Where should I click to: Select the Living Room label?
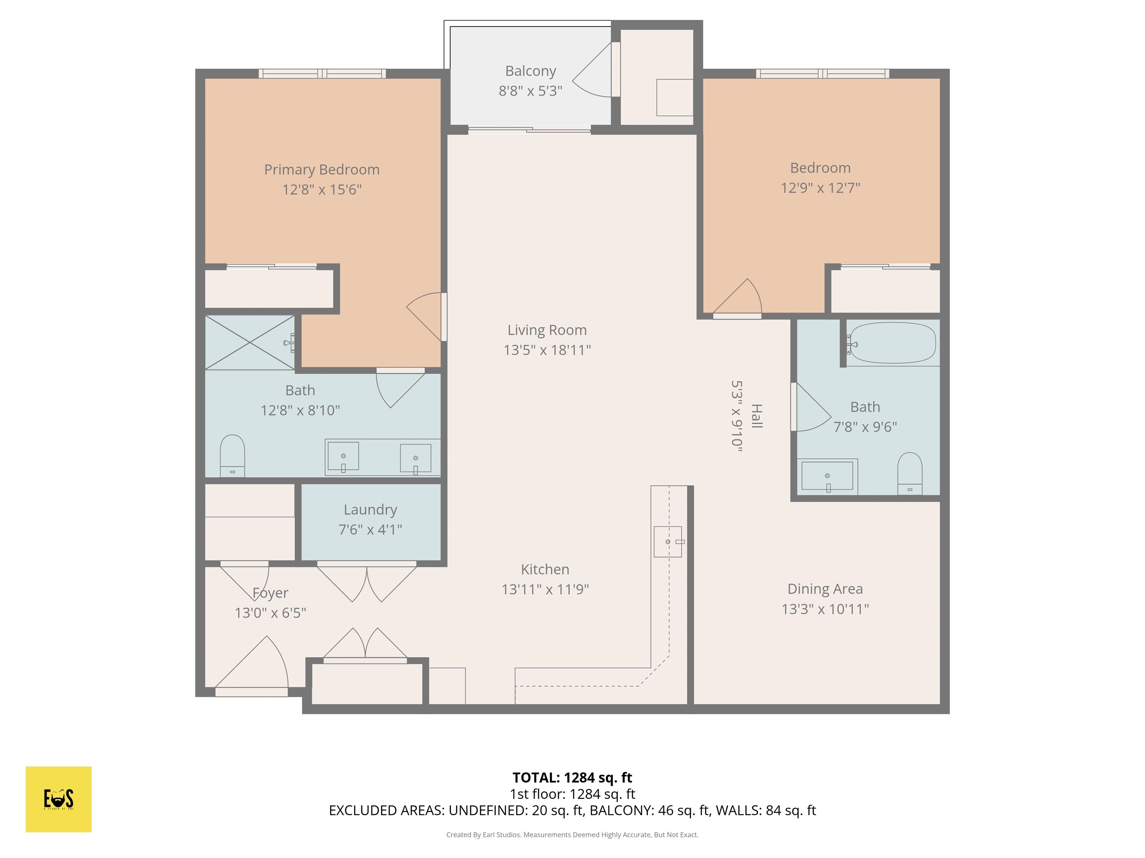click(547, 330)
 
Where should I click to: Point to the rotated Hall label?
click(756, 416)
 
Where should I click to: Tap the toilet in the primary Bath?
click(233, 455)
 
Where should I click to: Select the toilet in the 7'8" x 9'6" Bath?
click(909, 473)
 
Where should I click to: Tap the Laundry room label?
click(370, 509)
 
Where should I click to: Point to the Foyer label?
click(270, 593)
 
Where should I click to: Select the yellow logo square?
click(59, 799)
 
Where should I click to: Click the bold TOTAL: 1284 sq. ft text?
click(572, 777)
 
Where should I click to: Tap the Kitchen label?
click(545, 569)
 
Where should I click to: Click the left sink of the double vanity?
click(343, 456)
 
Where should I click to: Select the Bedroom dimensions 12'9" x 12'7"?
click(820, 188)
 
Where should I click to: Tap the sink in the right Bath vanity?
click(827, 476)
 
